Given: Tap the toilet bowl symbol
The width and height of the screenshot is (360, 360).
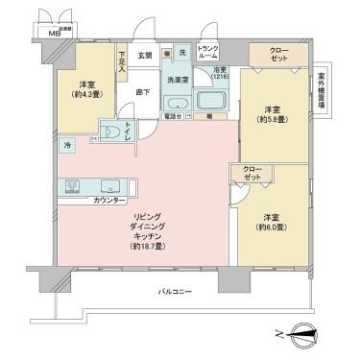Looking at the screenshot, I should tap(111, 132).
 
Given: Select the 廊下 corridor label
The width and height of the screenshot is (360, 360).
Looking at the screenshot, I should tap(143, 92).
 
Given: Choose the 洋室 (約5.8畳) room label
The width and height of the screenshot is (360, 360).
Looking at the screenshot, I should tap(273, 115).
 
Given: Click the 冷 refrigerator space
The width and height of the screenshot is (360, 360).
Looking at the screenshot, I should tap(66, 146).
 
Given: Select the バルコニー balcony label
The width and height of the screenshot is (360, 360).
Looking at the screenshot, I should tap(176, 290).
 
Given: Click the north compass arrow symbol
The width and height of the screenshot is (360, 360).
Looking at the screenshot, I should tap(304, 334).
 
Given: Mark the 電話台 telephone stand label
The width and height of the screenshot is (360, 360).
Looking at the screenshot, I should tap(172, 116).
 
